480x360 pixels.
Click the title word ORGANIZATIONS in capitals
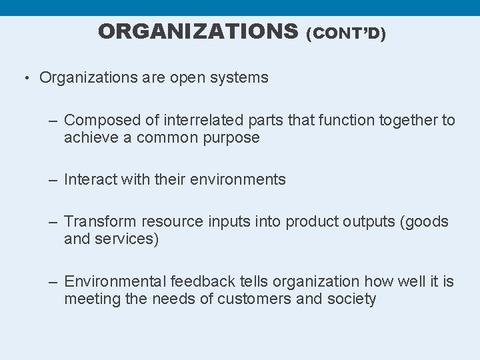[x=198, y=31]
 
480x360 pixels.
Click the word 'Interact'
[x=90, y=179]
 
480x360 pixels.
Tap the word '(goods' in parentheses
[x=424, y=221]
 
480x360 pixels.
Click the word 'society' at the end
[x=351, y=299]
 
